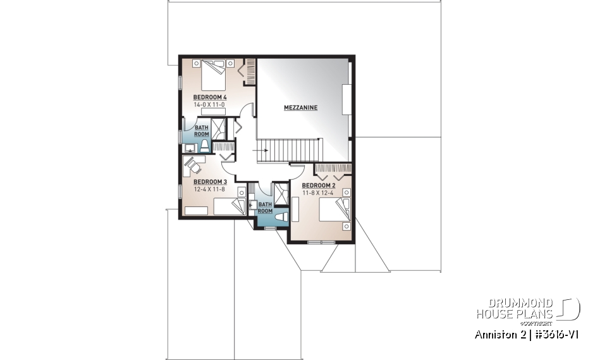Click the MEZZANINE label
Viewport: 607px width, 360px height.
[300, 108]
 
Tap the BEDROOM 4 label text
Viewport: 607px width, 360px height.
[210, 97]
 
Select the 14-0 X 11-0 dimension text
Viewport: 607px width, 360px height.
[210, 104]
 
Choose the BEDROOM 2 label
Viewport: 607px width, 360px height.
[318, 185]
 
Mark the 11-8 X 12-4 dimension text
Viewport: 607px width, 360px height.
[318, 192]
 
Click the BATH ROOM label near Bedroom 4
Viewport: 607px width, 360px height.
[201, 131]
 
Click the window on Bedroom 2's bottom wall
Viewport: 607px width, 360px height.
[321, 242]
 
